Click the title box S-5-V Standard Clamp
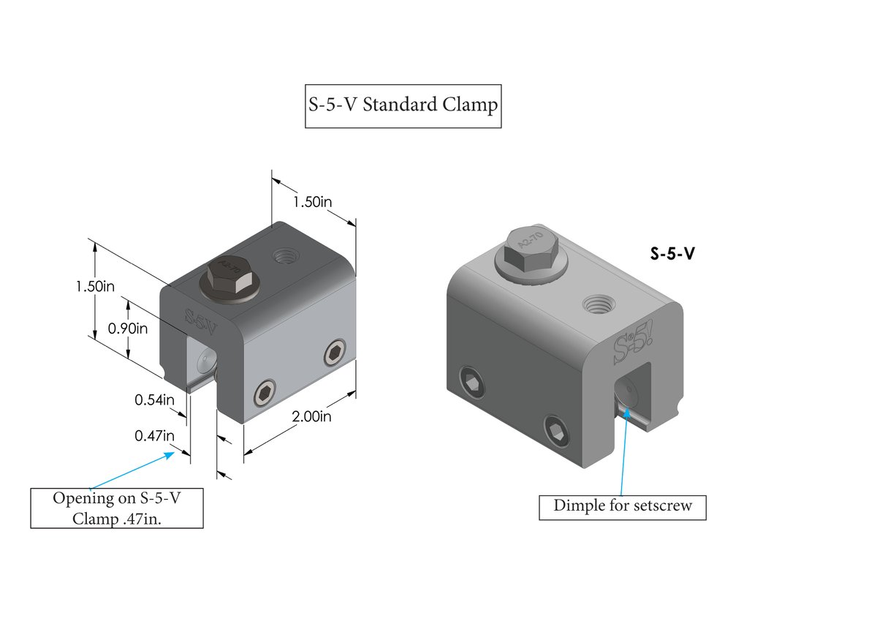coord(403,106)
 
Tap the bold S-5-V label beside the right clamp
coord(672,254)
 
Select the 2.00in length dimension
coord(311,417)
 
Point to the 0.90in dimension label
coord(128,328)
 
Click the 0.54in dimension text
coord(154,400)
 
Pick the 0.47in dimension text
coord(154,436)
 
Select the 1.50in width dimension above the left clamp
coord(314,202)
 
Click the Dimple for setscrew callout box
coord(622,506)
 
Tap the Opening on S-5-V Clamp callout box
coord(117,508)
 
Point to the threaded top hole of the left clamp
coord(283,257)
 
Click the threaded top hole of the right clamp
coord(598,304)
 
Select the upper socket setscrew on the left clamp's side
coord(335,353)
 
